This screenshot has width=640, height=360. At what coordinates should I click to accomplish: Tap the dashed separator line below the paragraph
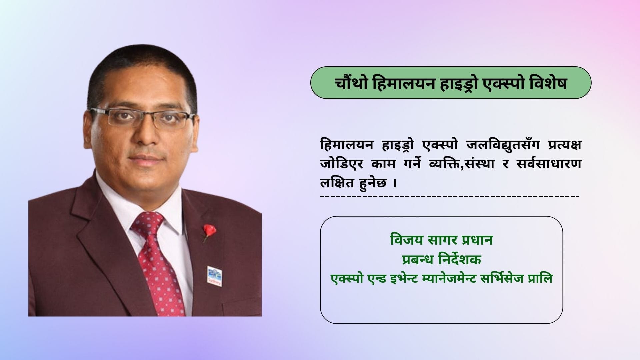pos(450,196)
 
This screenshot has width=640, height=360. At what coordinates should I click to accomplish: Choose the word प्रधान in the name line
pos(477,240)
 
